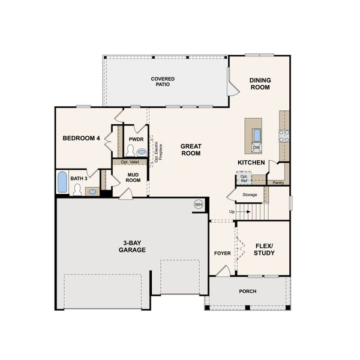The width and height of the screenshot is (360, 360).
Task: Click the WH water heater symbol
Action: pyautogui.click(x=198, y=205)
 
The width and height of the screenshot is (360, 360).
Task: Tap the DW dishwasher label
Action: pyautogui.click(x=256, y=148)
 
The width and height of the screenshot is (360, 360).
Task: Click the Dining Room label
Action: pyautogui.click(x=260, y=83)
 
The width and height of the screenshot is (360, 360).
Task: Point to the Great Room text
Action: pyautogui.click(x=191, y=149)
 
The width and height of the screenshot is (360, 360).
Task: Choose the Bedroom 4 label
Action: pyautogui.click(x=82, y=139)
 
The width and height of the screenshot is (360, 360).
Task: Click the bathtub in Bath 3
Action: pyautogui.click(x=62, y=182)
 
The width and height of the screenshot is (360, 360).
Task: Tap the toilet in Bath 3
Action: pyautogui.click(x=77, y=190)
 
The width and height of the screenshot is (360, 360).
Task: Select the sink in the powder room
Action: pyautogui.click(x=142, y=152)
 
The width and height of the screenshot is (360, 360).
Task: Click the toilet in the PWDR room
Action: pyautogui.click(x=130, y=150)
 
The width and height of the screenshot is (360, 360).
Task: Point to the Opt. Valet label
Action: pyautogui.click(x=130, y=162)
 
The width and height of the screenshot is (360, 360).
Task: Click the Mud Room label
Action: pyautogui.click(x=133, y=177)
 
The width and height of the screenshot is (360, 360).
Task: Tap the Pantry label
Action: pyautogui.click(x=278, y=182)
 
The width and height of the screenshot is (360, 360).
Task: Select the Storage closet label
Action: pyautogui.click(x=250, y=194)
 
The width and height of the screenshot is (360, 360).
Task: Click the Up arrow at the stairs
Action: pyautogui.click(x=232, y=211)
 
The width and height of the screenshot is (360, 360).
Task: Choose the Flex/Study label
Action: pyautogui.click(x=264, y=249)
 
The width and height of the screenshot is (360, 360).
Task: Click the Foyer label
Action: pyautogui.click(x=222, y=253)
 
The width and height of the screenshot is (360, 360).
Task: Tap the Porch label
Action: pyautogui.click(x=247, y=291)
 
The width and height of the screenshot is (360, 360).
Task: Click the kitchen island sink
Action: pyautogui.click(x=257, y=134)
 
